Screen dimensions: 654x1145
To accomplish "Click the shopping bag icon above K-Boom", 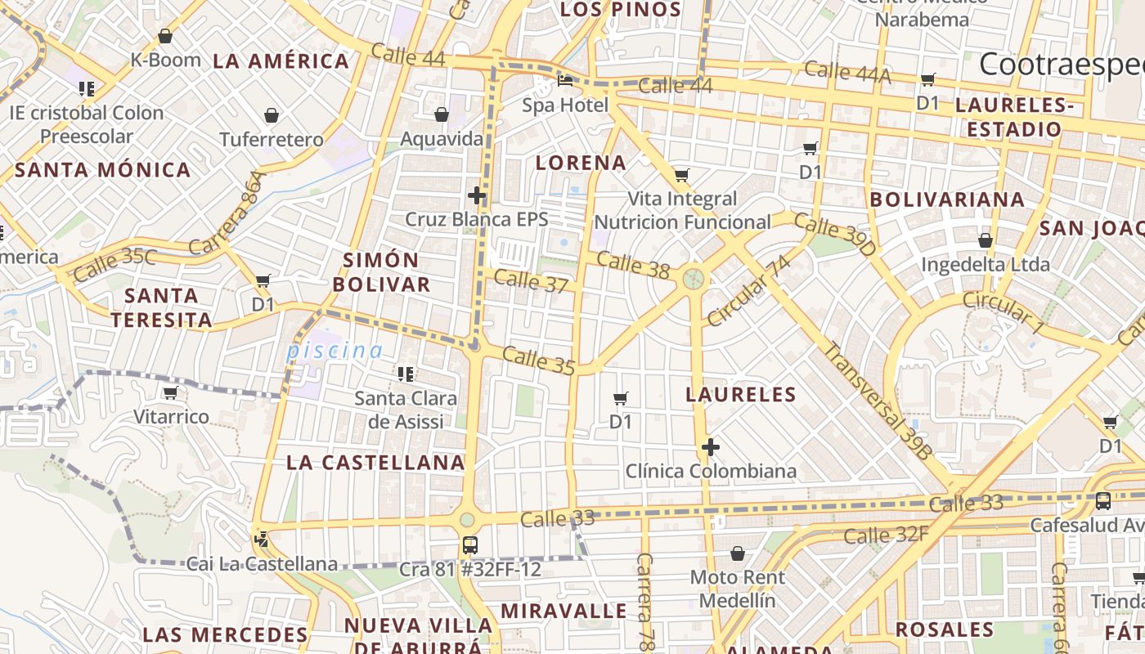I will (165, 36).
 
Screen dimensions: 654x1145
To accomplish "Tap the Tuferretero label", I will (272, 140).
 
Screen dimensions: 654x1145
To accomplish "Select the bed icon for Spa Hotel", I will (565, 81).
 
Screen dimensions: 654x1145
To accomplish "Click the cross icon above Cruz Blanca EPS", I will (477, 195).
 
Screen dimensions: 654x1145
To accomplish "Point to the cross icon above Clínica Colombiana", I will (711, 447).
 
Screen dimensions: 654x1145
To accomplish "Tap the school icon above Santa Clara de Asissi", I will (405, 374).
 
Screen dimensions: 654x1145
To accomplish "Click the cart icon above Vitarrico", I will (171, 393).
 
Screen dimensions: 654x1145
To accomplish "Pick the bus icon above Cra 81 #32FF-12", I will (470, 544).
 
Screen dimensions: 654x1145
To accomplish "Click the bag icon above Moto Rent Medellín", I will (738, 553).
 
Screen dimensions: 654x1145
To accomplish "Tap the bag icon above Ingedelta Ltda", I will (986, 240).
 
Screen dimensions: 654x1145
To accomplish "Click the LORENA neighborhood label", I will (581, 163).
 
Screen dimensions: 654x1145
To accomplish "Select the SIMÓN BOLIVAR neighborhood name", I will (387, 272).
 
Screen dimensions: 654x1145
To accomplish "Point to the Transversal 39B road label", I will (878, 400).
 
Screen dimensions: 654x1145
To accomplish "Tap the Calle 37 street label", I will (531, 281).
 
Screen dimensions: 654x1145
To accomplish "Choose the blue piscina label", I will (334, 351).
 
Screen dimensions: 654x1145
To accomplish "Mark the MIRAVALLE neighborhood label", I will (564, 611).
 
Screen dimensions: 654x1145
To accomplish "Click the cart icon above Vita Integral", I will (681, 175).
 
